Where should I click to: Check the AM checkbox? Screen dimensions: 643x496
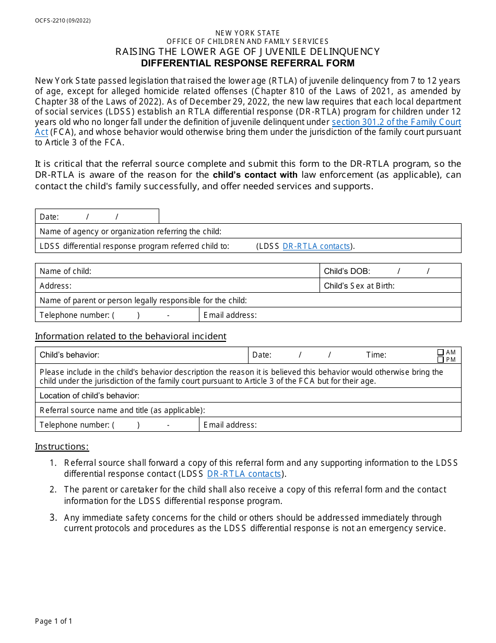(441, 352)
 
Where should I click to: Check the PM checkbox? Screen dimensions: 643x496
(441, 359)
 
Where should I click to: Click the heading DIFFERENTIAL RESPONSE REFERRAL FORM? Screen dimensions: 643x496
(247, 63)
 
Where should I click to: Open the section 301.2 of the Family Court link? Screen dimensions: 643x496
(396, 122)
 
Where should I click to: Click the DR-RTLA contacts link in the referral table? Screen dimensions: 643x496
(316, 246)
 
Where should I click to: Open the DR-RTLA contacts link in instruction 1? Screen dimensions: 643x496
(244, 474)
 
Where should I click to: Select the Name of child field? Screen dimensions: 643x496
(204, 271)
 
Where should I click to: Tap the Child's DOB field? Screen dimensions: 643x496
(412, 271)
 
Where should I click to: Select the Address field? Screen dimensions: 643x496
(193, 285)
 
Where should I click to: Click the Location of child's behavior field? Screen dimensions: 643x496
(298, 395)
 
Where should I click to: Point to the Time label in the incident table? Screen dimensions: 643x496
(376, 355)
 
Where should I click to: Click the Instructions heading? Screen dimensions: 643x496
(62, 446)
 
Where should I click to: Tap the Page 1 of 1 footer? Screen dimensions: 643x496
(53, 621)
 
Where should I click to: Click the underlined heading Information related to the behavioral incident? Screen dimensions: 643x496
(131, 336)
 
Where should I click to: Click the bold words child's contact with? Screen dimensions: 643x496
(255, 175)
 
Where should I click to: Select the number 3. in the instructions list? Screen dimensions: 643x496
(53, 518)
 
